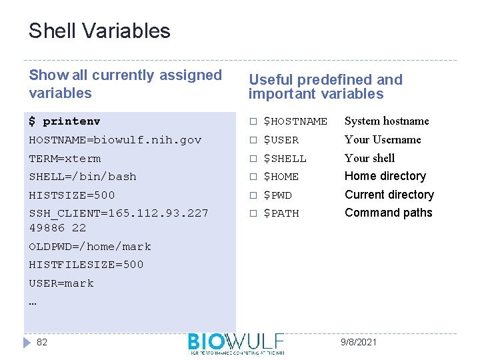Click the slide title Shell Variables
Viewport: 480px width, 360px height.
pos(99,31)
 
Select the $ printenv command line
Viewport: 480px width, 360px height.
pos(65,121)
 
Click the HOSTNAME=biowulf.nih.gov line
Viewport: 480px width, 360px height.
pos(115,140)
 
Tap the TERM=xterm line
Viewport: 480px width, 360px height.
pos(65,159)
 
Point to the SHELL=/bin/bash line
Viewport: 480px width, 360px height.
pos(82,177)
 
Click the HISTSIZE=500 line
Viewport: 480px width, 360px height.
pos(72,195)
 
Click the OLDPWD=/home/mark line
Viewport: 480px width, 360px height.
pos(90,247)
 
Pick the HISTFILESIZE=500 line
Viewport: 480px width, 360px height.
pos(86,265)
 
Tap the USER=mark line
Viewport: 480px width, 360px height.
pos(61,283)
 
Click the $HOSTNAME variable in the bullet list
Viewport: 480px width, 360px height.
pos(295,121)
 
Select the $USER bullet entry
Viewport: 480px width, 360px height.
pos(281,140)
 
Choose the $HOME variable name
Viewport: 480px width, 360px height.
pos(281,177)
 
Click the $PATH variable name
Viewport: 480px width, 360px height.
pos(281,213)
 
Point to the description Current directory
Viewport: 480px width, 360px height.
pos(389,195)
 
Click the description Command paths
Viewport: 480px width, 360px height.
pos(388,213)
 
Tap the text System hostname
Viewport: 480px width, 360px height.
pos(387,121)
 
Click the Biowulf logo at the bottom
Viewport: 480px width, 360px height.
pos(236,343)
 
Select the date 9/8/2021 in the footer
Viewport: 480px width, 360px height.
pos(358,342)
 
